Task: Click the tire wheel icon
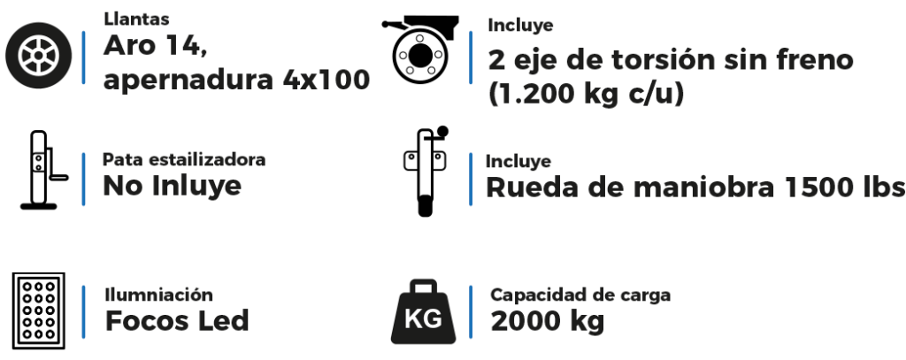pos(39,56)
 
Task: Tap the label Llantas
pos(136,19)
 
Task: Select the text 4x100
pos(326,80)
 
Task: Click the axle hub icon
pos(420,50)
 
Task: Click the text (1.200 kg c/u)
pos(586,93)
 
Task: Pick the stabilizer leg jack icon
pos(43,170)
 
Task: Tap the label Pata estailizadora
pos(184,159)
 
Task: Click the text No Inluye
pos(173,186)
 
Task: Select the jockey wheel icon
pos(426,172)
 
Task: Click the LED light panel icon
pos(39,310)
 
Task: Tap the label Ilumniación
pos(159,295)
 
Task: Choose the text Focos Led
pos(177,321)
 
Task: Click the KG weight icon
pos(424,312)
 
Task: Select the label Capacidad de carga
pos(580,295)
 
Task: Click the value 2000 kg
pos(547,322)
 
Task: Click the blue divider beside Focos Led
pos(84,312)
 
